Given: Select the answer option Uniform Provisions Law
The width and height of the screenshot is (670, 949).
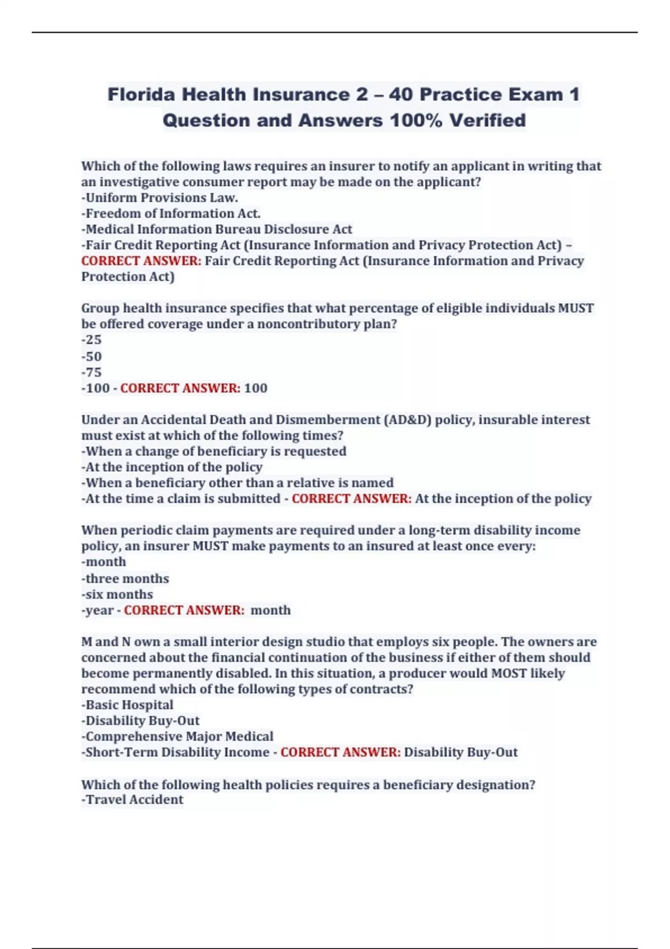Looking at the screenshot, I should point(160,198).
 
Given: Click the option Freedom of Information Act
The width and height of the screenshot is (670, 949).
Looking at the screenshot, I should point(171,213).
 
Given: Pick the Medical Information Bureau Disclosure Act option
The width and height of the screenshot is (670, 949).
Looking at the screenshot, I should point(217,229).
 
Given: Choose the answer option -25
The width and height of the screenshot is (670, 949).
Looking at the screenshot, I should point(92,339).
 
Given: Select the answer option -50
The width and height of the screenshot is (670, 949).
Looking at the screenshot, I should point(92,356).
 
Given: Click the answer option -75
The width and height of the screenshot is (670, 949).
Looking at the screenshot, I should point(92,372).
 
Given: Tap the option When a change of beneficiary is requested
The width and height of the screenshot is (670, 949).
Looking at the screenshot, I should point(214,451).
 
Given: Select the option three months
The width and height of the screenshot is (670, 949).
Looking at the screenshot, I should point(126,578).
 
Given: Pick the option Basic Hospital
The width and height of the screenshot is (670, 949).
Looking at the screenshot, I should point(128,704).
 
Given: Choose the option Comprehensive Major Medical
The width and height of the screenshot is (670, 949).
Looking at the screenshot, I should point(178,736).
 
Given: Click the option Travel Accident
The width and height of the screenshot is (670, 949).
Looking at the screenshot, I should point(133,799).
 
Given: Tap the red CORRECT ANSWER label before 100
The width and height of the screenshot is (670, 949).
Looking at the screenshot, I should point(180,388).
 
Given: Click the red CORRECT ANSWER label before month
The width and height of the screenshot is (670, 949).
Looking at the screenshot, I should point(184,610).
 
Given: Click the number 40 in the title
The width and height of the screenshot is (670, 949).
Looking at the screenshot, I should point(401,94).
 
